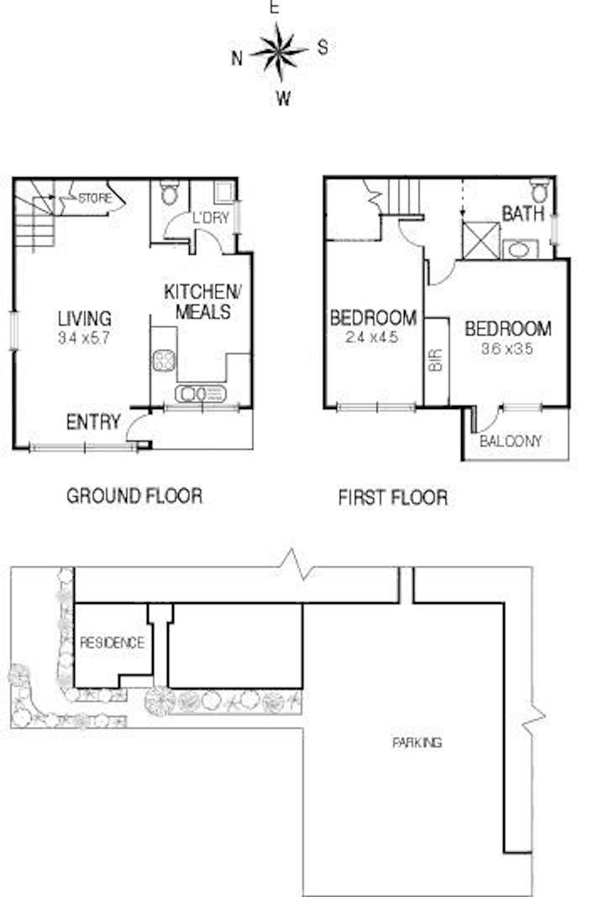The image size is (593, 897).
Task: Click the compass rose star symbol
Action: tap(280, 51)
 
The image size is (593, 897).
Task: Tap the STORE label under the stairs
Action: tap(95, 198)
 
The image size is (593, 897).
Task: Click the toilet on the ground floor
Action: tap(170, 192)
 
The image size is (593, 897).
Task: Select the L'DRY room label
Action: tap(211, 218)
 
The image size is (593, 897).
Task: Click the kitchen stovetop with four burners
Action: tap(164, 359)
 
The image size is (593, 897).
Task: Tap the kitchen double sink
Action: tap(200, 394)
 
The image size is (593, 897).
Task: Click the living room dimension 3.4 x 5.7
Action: tap(83, 338)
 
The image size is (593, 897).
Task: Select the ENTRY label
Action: tap(93, 422)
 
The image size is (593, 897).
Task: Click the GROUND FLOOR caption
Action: tap(134, 496)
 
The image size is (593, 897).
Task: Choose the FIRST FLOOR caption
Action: tap(393, 497)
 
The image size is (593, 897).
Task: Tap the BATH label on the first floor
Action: tap(522, 214)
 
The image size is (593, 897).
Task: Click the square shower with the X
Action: tap(481, 241)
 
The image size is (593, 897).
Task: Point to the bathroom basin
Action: tap(520, 250)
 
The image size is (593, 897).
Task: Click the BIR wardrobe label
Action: tap(436, 361)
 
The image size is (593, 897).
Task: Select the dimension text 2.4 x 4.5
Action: tap(372, 338)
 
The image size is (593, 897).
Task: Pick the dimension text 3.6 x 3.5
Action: tap(507, 349)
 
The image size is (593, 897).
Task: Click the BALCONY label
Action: tap(511, 441)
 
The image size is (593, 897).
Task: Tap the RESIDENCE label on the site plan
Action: tap(112, 643)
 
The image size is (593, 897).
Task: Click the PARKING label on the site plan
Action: tap(417, 742)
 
